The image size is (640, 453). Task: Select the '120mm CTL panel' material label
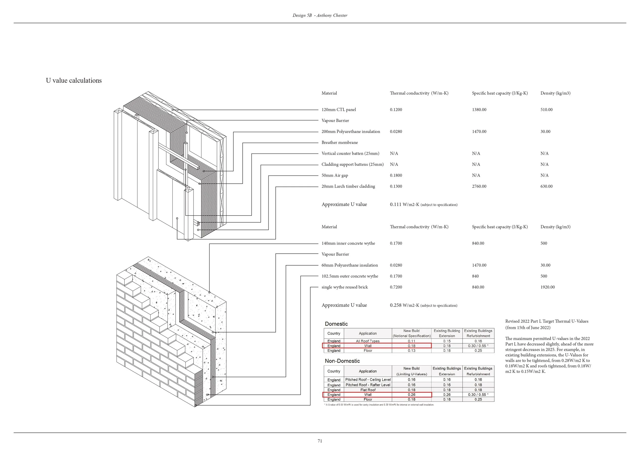click(339, 110)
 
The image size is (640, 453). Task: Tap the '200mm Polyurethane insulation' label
click(351, 132)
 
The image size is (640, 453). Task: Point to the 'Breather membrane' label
click(339, 142)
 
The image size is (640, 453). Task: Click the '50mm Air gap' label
click(335, 176)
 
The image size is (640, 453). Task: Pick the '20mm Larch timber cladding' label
click(348, 186)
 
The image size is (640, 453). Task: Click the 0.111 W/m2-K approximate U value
click(404, 204)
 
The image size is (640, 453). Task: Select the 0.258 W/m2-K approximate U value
click(404, 305)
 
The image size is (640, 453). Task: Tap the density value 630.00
click(546, 186)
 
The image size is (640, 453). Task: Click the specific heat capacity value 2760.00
click(479, 186)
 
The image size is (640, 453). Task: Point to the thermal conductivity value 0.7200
click(396, 287)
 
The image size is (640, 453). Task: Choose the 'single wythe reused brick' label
click(345, 287)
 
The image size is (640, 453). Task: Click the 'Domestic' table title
click(336, 324)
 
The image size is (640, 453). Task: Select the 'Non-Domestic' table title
click(342, 361)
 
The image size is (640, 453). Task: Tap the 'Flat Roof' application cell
click(368, 390)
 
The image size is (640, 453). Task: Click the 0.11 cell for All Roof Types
click(411, 341)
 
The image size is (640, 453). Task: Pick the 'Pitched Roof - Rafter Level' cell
click(368, 385)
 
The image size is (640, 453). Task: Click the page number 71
click(320, 441)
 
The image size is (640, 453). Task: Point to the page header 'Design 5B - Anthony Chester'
click(320, 15)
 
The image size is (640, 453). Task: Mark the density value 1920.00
click(548, 287)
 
